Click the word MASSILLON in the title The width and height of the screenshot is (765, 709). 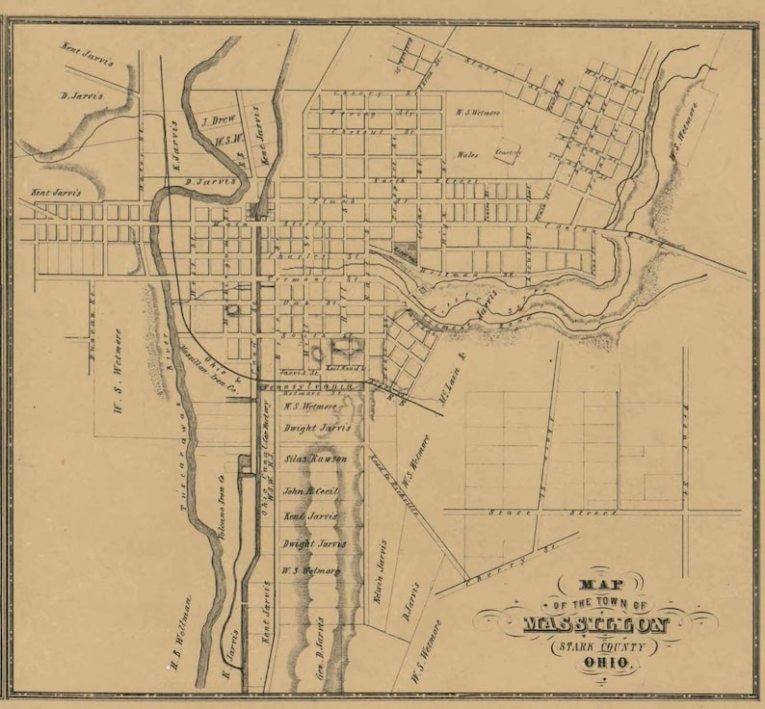pyautogui.click(x=595, y=623)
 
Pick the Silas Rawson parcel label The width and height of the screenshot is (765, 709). pyautogui.click(x=313, y=460)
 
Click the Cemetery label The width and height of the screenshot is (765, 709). pyautogui.click(x=507, y=151)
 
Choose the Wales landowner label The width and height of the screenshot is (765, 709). pyautogui.click(x=468, y=154)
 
